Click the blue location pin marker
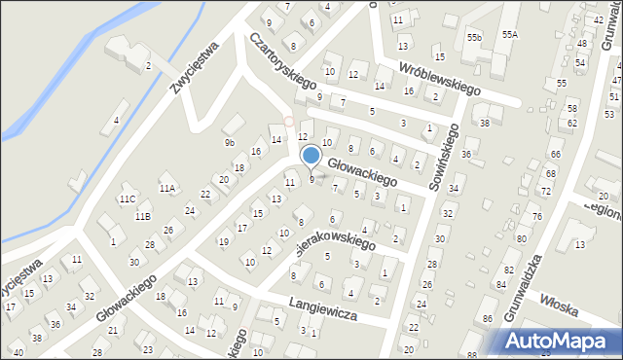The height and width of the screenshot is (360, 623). pyautogui.click(x=311, y=156)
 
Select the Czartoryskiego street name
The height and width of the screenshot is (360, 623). pyautogui.click(x=278, y=68)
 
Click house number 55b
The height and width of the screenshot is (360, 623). pyautogui.click(x=474, y=37)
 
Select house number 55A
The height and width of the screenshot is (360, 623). pyautogui.click(x=510, y=35)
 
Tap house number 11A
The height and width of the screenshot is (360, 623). pyautogui.click(x=166, y=189)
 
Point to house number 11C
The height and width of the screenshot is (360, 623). pyautogui.click(x=127, y=198)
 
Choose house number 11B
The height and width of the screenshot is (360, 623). pyautogui.click(x=143, y=216)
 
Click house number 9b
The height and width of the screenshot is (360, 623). pyautogui.click(x=231, y=143)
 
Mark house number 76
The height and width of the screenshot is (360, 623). pyautogui.click(x=536, y=216)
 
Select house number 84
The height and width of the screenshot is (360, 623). pyautogui.click(x=501, y=284)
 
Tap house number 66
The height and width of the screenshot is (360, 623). pyautogui.click(x=555, y=155)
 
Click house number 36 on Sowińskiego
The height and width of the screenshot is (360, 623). pyautogui.click(x=467, y=155)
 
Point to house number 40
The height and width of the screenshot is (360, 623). pyautogui.click(x=18, y=351)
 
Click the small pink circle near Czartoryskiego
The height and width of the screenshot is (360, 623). pyautogui.click(x=288, y=121)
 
